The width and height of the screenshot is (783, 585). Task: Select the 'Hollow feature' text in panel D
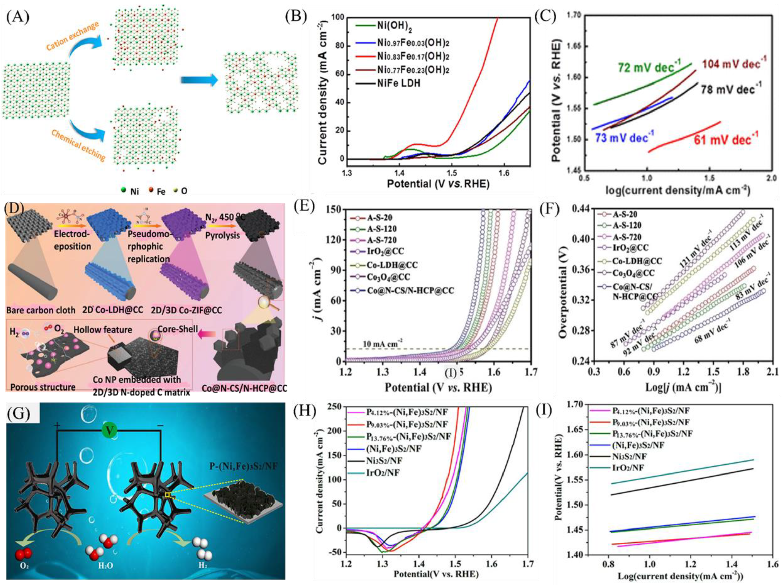(x=103, y=330)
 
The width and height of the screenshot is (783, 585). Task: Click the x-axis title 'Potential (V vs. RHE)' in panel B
(x=438, y=184)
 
